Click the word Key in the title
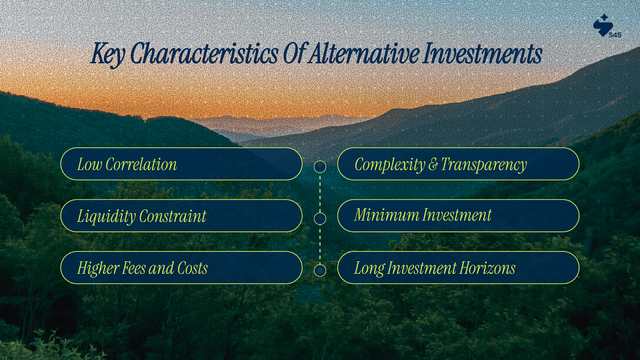108,54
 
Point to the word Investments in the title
482,53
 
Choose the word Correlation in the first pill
141,164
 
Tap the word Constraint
172,216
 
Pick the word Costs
192,268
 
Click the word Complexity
390,165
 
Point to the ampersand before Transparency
433,165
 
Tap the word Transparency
484,165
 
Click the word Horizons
488,268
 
